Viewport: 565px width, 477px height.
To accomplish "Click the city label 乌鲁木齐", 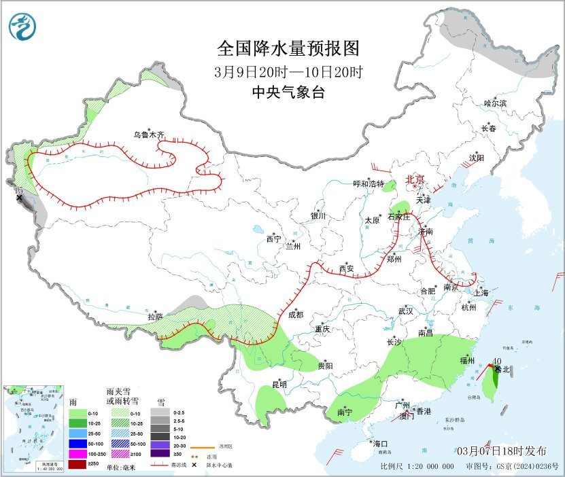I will pyautogui.click(x=148, y=135).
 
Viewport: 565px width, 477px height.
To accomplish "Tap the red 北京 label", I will pyautogui.click(x=415, y=179).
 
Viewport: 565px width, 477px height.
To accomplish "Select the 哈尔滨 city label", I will pyautogui.click(x=495, y=103).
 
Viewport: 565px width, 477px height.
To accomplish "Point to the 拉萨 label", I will pyautogui.click(x=155, y=317).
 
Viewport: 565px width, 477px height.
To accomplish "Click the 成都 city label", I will pyautogui.click(x=295, y=315).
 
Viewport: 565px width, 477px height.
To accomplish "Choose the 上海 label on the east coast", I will pyautogui.click(x=481, y=293).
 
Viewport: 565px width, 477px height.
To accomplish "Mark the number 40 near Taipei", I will pyautogui.click(x=497, y=361).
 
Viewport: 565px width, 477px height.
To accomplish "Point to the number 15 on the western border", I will pyautogui.click(x=19, y=192).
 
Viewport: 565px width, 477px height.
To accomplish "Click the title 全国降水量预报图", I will pyautogui.click(x=288, y=49).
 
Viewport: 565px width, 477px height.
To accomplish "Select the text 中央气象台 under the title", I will pyautogui.click(x=288, y=92).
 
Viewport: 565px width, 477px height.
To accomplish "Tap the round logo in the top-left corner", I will pyautogui.click(x=22, y=26).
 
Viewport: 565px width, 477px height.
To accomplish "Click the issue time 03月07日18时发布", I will pyautogui.click(x=501, y=451).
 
